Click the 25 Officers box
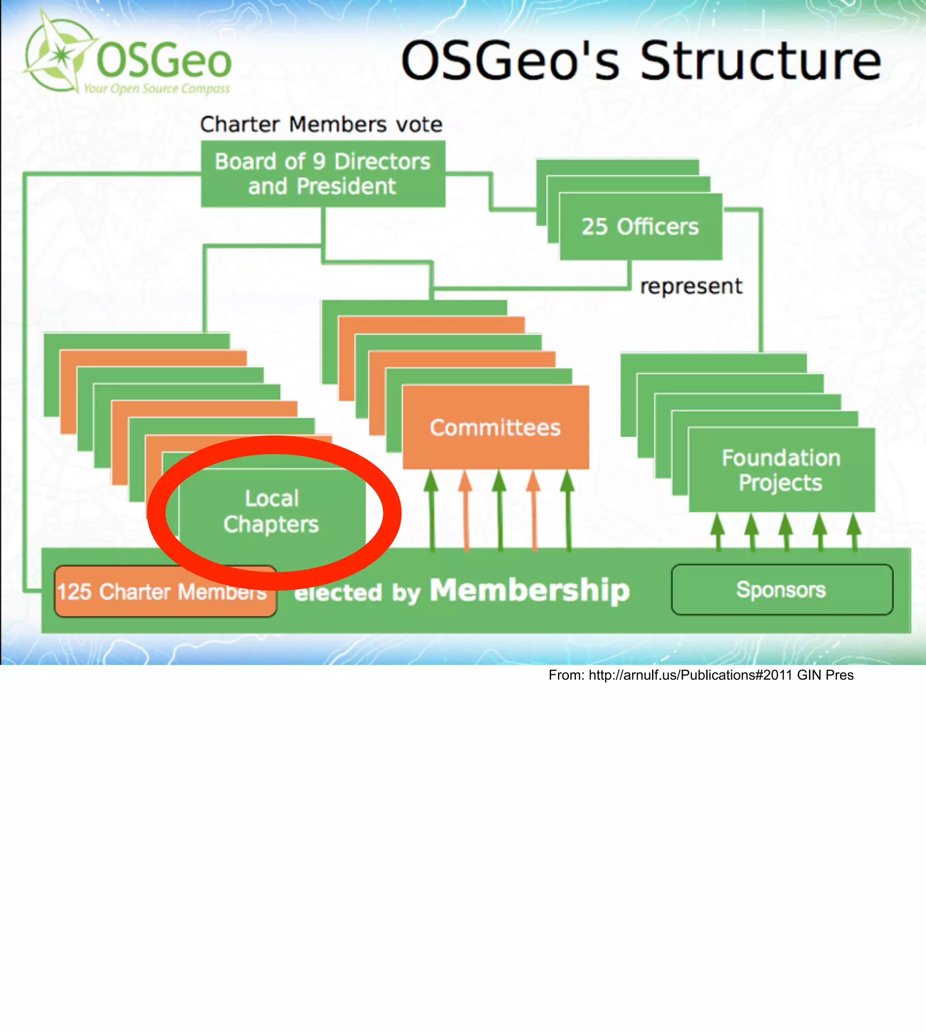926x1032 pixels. point(640,227)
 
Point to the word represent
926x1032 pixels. point(691,286)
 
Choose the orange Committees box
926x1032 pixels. point(496,427)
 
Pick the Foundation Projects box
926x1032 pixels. point(781,470)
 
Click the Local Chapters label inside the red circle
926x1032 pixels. point(272,511)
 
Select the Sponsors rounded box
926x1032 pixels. point(781,590)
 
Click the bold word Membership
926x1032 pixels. point(529,590)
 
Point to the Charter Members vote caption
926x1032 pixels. point(321,124)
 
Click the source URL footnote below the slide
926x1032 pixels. point(701,675)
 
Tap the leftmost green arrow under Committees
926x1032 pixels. point(431,509)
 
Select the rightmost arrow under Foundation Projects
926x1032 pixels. point(854,531)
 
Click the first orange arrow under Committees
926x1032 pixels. point(466,509)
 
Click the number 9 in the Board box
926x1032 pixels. point(319,162)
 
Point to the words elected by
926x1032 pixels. point(357,593)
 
